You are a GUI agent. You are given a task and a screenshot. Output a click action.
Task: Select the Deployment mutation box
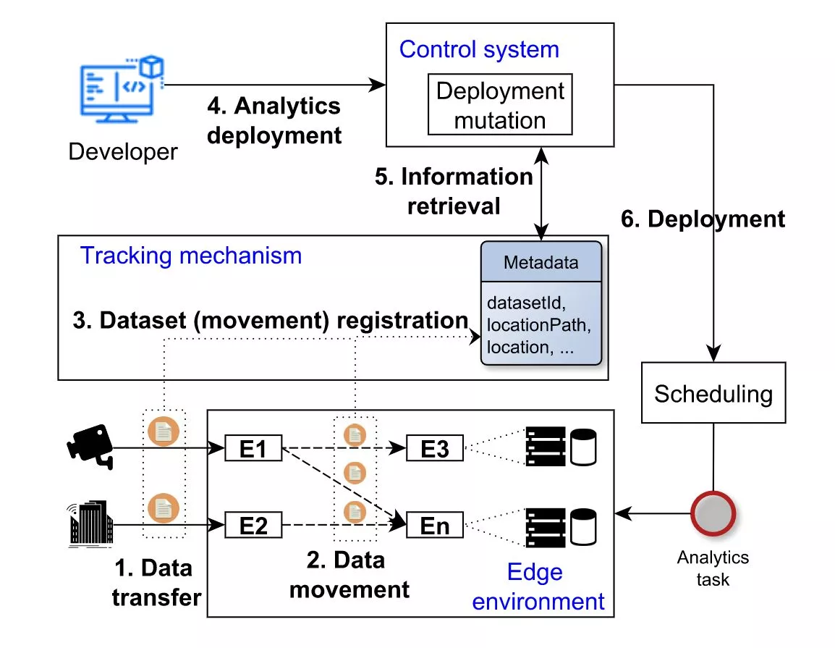click(x=500, y=104)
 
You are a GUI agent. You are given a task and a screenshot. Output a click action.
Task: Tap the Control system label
click(x=479, y=49)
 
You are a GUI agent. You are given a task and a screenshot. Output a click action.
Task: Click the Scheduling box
click(x=713, y=394)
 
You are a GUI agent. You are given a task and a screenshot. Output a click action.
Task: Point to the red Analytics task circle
click(x=713, y=514)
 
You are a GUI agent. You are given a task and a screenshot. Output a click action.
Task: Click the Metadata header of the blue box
click(x=541, y=262)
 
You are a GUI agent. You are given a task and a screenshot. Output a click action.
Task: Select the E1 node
click(x=253, y=449)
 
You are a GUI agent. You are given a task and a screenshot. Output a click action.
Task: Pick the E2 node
click(x=253, y=525)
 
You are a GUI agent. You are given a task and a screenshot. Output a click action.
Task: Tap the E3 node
click(x=435, y=449)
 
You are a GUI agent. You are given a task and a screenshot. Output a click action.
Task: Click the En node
click(x=435, y=525)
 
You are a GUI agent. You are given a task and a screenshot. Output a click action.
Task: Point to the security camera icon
click(x=90, y=443)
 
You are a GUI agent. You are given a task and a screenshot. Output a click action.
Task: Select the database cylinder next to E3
click(x=582, y=447)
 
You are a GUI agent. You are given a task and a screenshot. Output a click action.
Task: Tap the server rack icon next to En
click(x=545, y=525)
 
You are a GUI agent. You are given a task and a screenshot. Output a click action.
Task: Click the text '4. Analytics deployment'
click(x=274, y=120)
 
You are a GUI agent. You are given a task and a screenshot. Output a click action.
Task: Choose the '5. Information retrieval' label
click(x=454, y=191)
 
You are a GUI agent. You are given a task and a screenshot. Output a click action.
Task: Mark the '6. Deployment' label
click(x=703, y=219)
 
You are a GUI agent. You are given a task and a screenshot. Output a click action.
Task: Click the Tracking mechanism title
click(x=191, y=256)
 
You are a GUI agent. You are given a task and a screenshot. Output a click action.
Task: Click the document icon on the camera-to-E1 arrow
click(x=164, y=432)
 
